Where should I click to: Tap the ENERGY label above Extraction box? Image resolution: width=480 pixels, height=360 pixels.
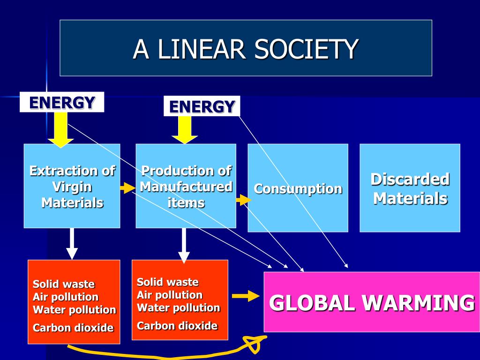62,102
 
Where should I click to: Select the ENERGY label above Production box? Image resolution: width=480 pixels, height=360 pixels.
202,106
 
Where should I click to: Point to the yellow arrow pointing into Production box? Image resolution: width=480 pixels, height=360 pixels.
185,130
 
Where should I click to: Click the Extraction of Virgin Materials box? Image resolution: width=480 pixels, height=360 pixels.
72,186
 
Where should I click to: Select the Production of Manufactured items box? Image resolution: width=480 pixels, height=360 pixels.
186,186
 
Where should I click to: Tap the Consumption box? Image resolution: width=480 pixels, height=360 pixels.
298,188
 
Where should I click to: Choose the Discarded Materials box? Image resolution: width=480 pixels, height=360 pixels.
410,188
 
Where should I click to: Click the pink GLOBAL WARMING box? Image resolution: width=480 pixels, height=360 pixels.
372,302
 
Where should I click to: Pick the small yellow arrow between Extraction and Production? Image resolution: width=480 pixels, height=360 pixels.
127,188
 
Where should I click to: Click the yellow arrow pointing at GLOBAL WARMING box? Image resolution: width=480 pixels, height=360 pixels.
246,296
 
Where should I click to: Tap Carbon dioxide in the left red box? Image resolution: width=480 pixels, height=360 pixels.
73,328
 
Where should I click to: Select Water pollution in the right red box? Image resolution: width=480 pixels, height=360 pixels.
178,308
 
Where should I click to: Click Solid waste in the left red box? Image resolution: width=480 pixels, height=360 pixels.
64,284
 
